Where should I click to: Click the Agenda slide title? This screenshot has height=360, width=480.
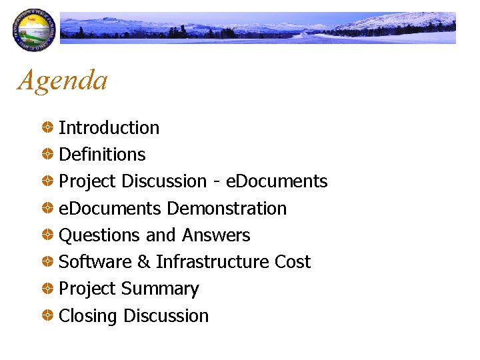(x=63, y=81)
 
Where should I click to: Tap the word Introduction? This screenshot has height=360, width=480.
(x=109, y=127)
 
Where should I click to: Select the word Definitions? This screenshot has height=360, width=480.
(x=102, y=154)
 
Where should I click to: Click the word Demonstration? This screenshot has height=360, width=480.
(x=227, y=209)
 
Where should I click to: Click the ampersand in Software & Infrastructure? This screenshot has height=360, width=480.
(x=143, y=262)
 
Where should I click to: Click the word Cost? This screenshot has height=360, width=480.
(x=293, y=262)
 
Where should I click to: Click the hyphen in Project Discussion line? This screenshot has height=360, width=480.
(x=217, y=182)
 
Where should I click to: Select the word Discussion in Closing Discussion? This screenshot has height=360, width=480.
(x=169, y=315)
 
